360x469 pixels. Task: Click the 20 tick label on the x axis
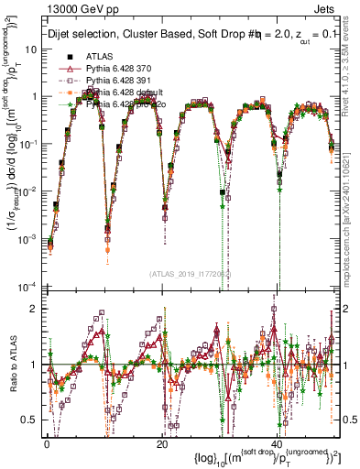click(x=162, y=442)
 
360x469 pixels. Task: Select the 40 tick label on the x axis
click(x=277, y=442)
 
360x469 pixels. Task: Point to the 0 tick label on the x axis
click(x=47, y=442)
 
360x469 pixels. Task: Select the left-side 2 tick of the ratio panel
click(x=35, y=308)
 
